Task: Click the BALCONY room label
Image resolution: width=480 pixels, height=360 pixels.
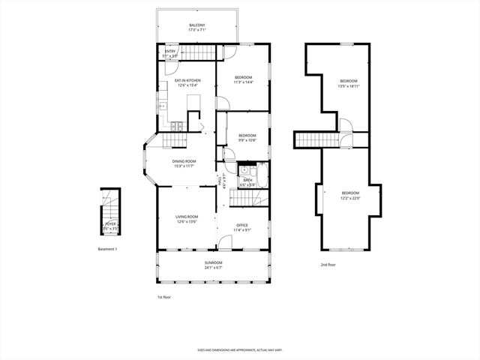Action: pos(196,25)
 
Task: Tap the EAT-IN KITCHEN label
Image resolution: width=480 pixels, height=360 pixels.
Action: pos(187,80)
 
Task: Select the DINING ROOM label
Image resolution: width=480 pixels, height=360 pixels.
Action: pos(184,161)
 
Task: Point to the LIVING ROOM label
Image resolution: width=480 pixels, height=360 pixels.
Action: pos(187,217)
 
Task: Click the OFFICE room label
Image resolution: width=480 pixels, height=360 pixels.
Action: pos(242,225)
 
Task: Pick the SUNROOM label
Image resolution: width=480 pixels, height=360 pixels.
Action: pos(213,262)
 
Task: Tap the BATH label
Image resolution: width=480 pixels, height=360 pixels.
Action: pos(247,180)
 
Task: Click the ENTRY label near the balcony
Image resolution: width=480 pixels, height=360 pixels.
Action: pos(170,51)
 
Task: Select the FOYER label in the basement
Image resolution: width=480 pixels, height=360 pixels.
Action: pos(110,223)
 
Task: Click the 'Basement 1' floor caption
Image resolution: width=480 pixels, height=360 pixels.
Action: pos(108,249)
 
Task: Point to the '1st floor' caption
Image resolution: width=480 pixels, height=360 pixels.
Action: pos(165,297)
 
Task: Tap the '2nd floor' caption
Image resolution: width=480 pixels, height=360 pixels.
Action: pos(328,265)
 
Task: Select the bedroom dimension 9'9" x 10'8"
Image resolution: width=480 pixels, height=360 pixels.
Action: pos(247,140)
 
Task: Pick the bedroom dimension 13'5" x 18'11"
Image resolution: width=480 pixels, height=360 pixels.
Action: pos(349,86)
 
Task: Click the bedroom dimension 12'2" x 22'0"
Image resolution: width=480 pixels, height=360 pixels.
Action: pos(350,198)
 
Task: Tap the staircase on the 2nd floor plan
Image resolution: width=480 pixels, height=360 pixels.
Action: pos(314,139)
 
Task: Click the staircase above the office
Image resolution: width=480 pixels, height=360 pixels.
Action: pos(242,198)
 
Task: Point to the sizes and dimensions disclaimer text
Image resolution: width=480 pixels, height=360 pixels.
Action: pos(239,349)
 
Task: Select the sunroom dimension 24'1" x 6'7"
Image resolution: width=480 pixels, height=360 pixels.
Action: pos(213,267)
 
